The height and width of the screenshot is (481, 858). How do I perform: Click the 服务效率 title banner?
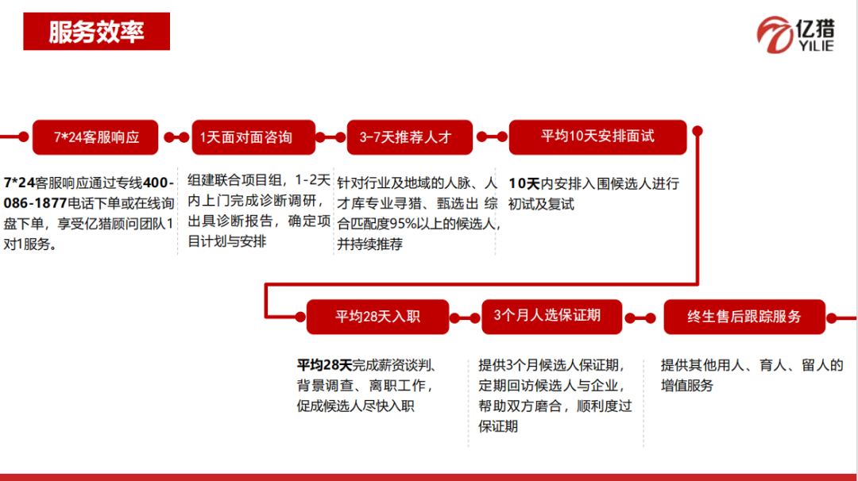pos(96,32)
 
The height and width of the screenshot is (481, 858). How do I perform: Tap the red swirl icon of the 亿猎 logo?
pos(773,37)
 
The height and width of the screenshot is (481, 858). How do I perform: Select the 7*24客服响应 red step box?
pos(95,137)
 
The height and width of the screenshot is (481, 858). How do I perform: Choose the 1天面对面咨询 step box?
pos(253,137)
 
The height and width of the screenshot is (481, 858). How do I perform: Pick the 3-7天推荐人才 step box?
pos(410,137)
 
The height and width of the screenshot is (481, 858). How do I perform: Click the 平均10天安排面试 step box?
pos(597,136)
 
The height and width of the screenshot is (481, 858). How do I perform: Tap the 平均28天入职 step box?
pos(377,317)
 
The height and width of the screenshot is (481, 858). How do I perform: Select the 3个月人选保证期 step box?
pos(547,316)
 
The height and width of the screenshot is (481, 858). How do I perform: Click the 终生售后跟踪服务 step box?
pos(744,317)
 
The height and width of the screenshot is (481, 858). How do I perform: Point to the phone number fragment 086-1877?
pos(33,202)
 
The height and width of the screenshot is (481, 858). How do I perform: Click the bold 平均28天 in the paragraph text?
pos(324,366)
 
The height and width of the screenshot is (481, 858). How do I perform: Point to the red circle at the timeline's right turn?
pos(698,131)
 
